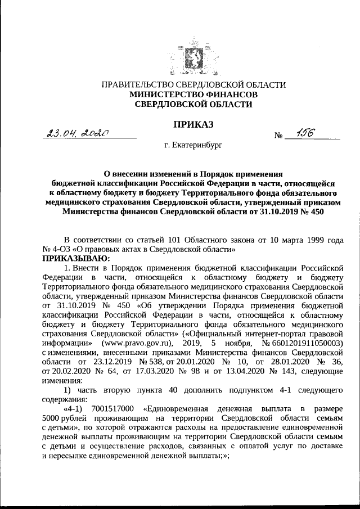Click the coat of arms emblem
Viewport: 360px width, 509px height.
180,60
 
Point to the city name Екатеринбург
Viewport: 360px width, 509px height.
193,146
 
